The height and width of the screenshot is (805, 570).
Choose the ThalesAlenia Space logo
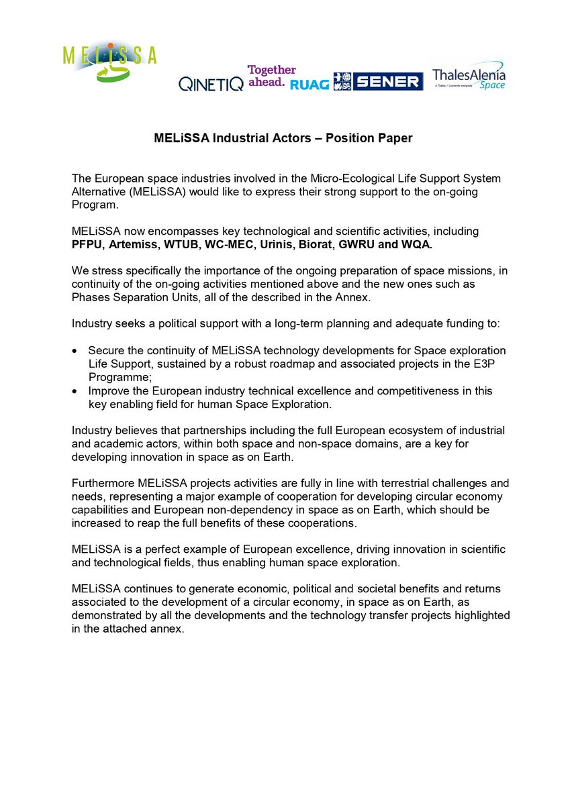click(x=469, y=76)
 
